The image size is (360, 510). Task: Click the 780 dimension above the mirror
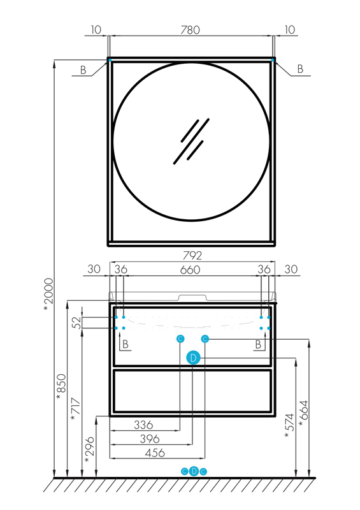pos(191,30)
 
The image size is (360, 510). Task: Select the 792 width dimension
pos(192,256)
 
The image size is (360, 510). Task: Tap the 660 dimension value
pos(191,270)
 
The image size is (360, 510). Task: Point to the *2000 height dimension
pos(48,295)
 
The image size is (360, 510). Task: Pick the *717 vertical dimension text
pos(75,409)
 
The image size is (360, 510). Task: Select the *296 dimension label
pos(89,449)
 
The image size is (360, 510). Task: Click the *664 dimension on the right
pos(304,413)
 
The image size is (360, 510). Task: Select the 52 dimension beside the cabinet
pos(77,323)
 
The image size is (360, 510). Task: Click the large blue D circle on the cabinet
pos(193,358)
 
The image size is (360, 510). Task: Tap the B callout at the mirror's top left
pos(83,71)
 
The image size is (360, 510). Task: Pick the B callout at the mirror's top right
pos(299,69)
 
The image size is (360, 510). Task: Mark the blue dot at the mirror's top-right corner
pos(273,59)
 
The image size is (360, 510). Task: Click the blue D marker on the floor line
pos(194,471)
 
